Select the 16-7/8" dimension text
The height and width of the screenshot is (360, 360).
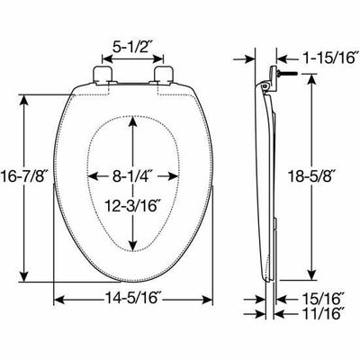pos(25,175)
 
